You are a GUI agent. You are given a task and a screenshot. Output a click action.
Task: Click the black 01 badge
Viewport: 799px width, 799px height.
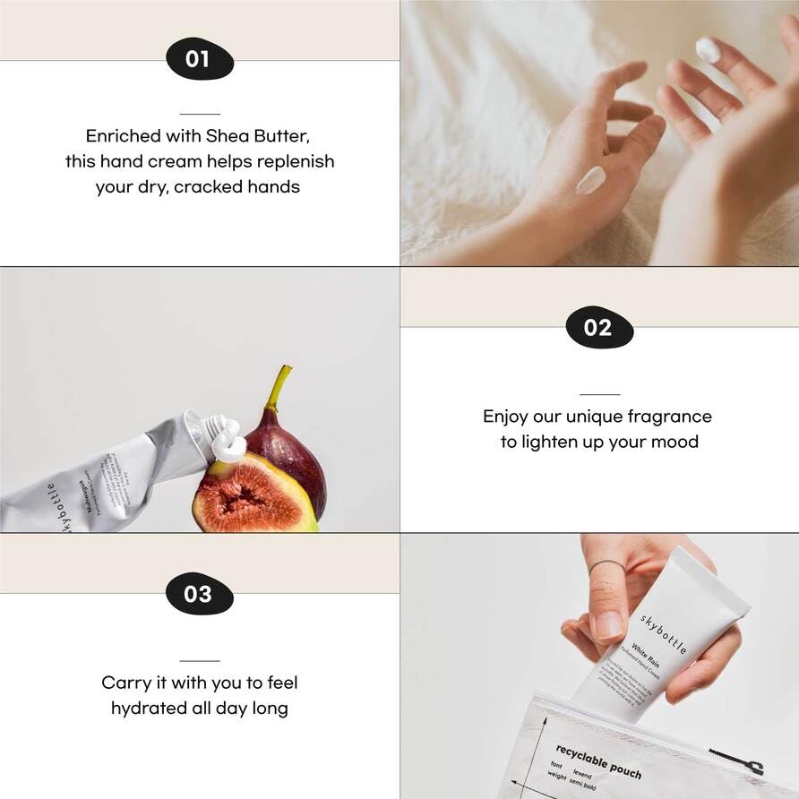[199, 59]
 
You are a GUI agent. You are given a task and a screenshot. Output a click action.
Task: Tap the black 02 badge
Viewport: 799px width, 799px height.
[599, 327]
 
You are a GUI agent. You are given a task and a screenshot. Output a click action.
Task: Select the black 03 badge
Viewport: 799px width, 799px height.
[199, 594]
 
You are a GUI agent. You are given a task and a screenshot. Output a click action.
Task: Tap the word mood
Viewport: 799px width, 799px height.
[675, 442]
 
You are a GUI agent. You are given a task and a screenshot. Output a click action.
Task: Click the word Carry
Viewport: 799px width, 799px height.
[126, 683]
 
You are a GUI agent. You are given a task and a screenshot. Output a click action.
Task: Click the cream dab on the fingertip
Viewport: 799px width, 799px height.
[708, 49]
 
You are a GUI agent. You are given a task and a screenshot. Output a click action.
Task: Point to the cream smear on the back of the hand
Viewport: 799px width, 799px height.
[590, 180]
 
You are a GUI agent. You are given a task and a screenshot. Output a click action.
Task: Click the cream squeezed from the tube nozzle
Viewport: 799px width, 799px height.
[228, 442]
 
